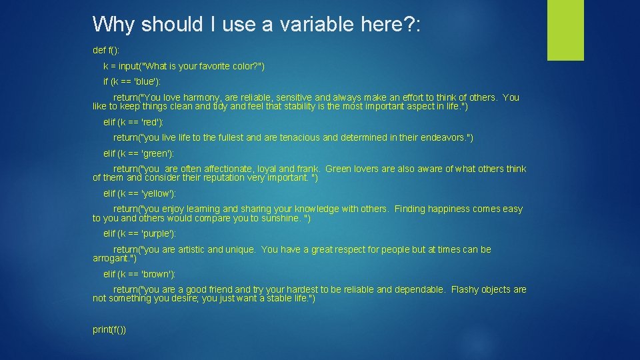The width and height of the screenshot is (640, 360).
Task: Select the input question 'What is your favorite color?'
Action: point(203,66)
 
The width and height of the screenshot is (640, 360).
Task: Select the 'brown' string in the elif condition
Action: point(154,274)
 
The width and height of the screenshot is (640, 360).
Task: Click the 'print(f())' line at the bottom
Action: point(109,330)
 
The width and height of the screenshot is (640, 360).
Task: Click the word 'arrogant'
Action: point(111,259)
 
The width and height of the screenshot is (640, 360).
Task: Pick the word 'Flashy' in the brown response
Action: point(465,289)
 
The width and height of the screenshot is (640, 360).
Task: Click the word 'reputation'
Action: point(221,179)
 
